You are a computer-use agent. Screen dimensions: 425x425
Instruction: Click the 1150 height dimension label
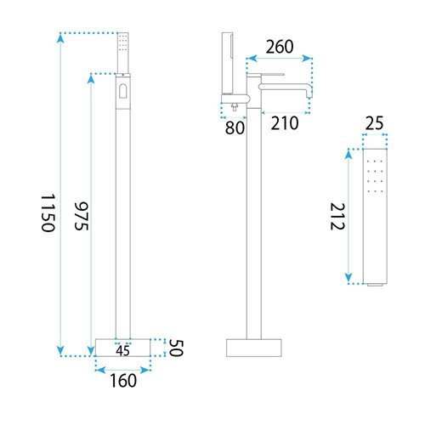pos(48,213)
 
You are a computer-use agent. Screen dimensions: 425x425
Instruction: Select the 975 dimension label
pos(82,216)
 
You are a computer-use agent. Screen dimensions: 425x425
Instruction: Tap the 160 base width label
pos(123,381)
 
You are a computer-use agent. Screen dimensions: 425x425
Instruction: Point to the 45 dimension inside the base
pos(122,351)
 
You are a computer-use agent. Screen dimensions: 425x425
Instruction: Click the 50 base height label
pos(177,348)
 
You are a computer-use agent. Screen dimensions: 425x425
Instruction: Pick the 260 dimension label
pos(280,47)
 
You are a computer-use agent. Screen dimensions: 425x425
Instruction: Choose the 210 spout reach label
pos(285,123)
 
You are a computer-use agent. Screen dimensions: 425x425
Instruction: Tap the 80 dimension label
pos(235,127)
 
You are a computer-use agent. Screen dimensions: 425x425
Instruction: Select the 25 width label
pos(374,123)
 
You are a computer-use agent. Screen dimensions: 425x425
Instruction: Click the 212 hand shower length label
pos(337,217)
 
